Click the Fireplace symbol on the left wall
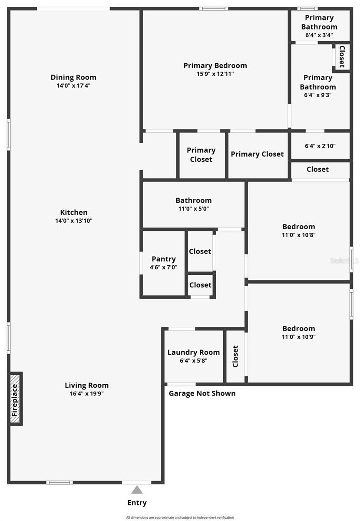click(16, 399)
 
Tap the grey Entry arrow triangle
click(137, 490)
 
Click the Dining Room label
click(73, 77)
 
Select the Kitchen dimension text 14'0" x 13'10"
click(73, 221)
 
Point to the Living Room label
click(86, 385)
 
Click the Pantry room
click(163, 263)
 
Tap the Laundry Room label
click(193, 352)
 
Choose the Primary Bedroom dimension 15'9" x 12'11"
click(215, 74)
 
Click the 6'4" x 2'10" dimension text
click(320, 146)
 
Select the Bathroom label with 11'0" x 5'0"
click(194, 200)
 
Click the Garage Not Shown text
click(202, 393)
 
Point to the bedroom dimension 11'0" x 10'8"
click(298, 235)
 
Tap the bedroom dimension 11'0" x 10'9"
click(298, 336)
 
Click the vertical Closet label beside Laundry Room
click(236, 356)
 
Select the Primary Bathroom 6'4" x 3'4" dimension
click(319, 35)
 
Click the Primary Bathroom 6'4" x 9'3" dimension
click(317, 95)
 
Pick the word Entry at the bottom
click(137, 503)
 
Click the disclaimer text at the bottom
click(180, 518)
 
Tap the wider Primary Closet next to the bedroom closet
click(257, 154)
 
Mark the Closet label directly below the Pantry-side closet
click(200, 285)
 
